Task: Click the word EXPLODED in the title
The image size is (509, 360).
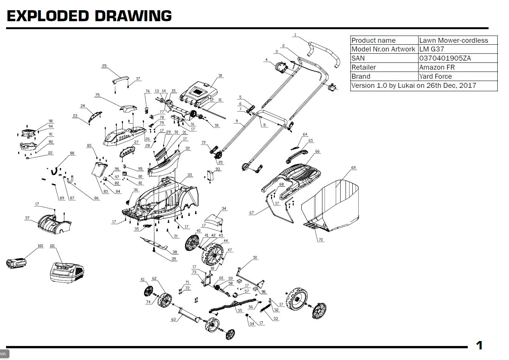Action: click(x=47, y=16)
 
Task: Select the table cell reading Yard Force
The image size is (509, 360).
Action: click(x=435, y=76)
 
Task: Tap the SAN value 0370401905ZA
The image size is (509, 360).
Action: click(x=445, y=58)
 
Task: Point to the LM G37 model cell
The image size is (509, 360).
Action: click(x=431, y=49)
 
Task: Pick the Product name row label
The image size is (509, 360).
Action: click(x=373, y=41)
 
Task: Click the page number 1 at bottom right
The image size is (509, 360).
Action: click(x=479, y=345)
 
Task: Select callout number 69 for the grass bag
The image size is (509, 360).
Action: click(x=353, y=168)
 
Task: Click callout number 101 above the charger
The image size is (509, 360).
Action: click(x=53, y=246)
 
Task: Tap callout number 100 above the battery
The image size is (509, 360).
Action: click(x=40, y=246)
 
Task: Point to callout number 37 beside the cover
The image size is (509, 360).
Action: click(x=27, y=218)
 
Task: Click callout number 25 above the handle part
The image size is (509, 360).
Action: click(x=104, y=66)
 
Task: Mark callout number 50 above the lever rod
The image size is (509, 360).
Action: click(x=255, y=258)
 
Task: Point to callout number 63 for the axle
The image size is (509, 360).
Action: click(x=173, y=319)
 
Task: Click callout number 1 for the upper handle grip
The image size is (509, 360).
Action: click(x=295, y=35)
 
